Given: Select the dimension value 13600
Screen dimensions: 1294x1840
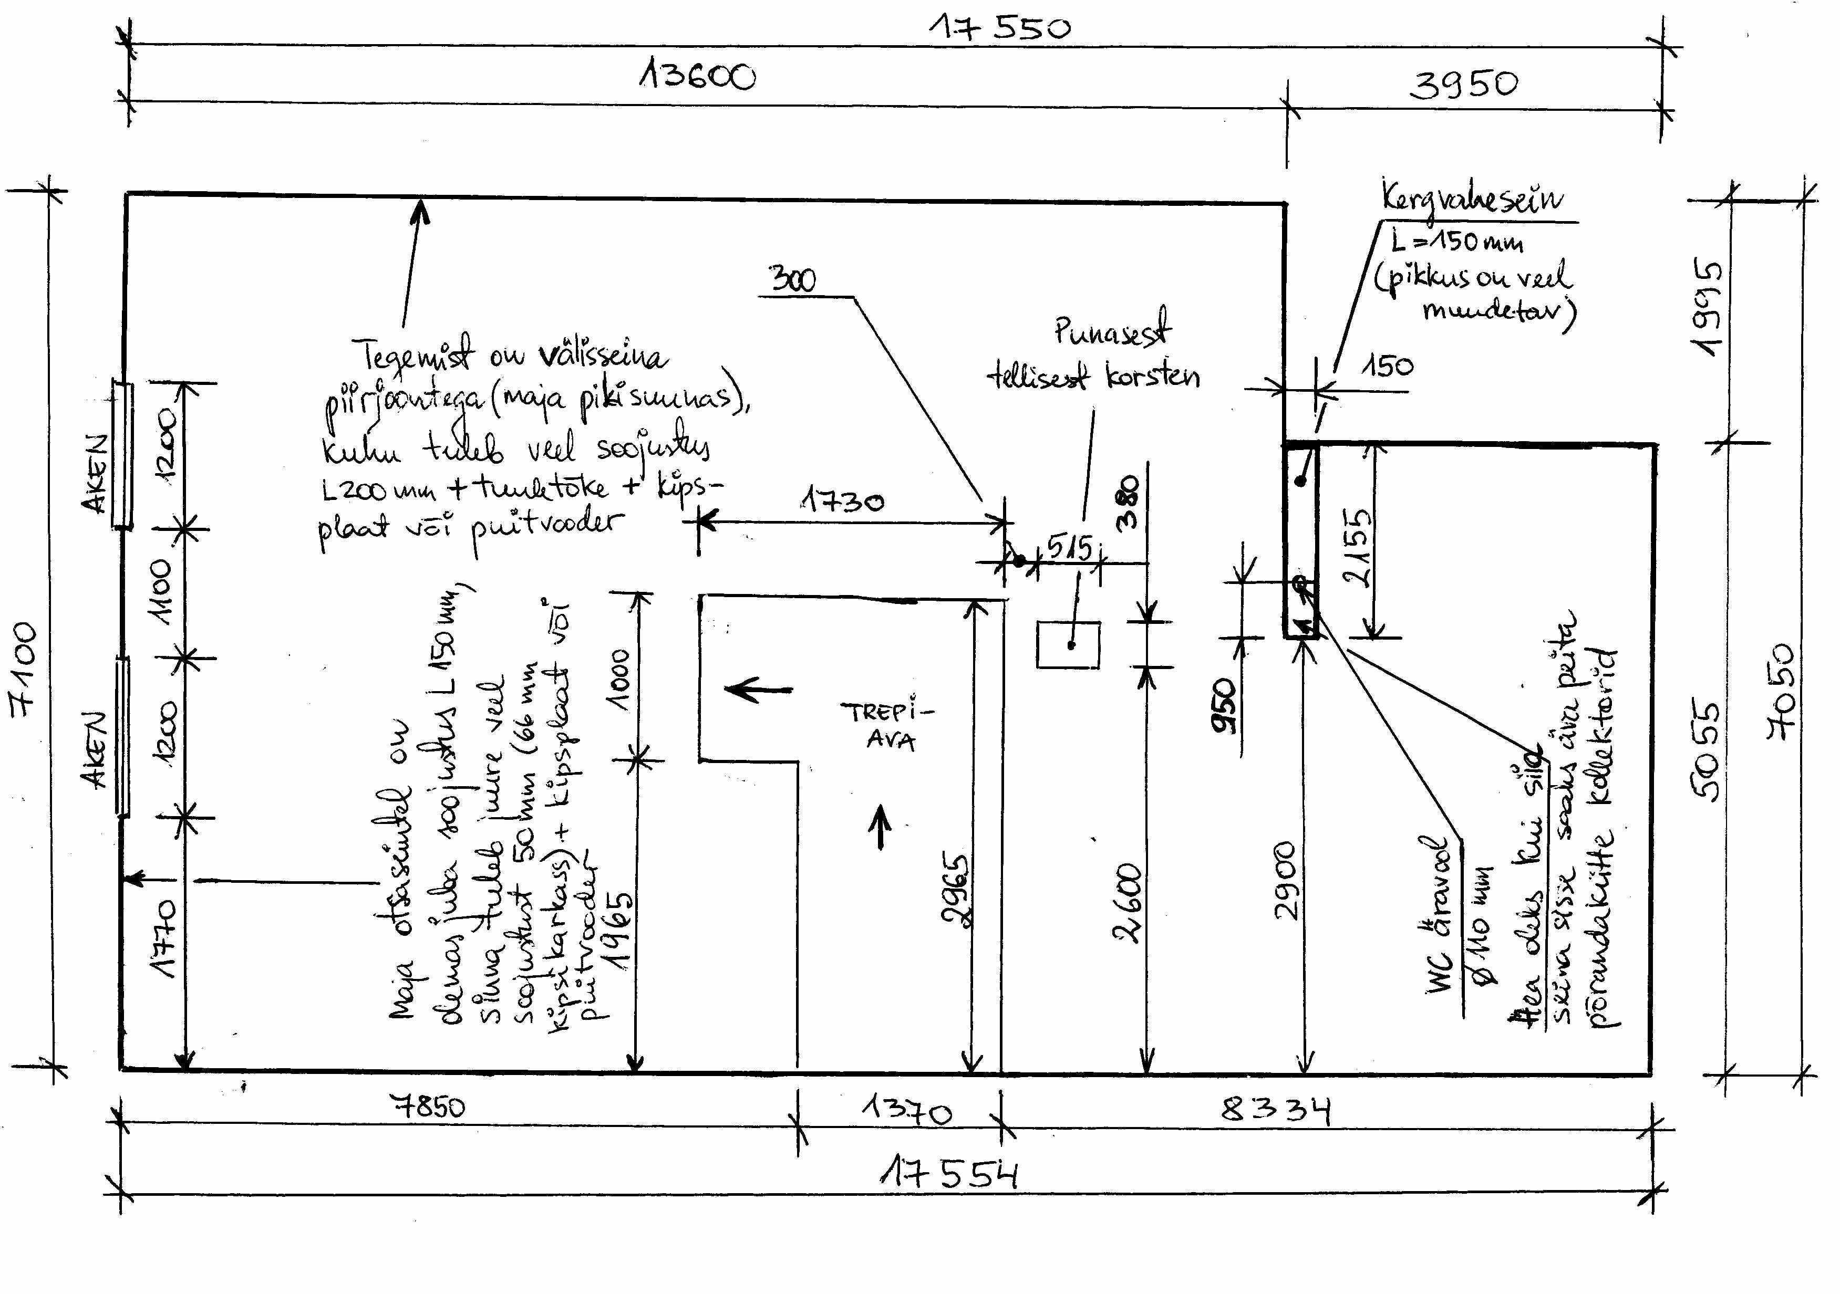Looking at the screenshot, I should point(697,77).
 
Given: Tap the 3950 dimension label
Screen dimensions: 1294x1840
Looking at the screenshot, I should point(1463,84).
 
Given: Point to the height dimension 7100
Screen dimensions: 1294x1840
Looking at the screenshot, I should point(24,669).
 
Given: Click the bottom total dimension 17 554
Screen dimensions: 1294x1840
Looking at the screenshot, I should point(949,1175).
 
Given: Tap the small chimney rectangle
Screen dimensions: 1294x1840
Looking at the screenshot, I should point(1068,645).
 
